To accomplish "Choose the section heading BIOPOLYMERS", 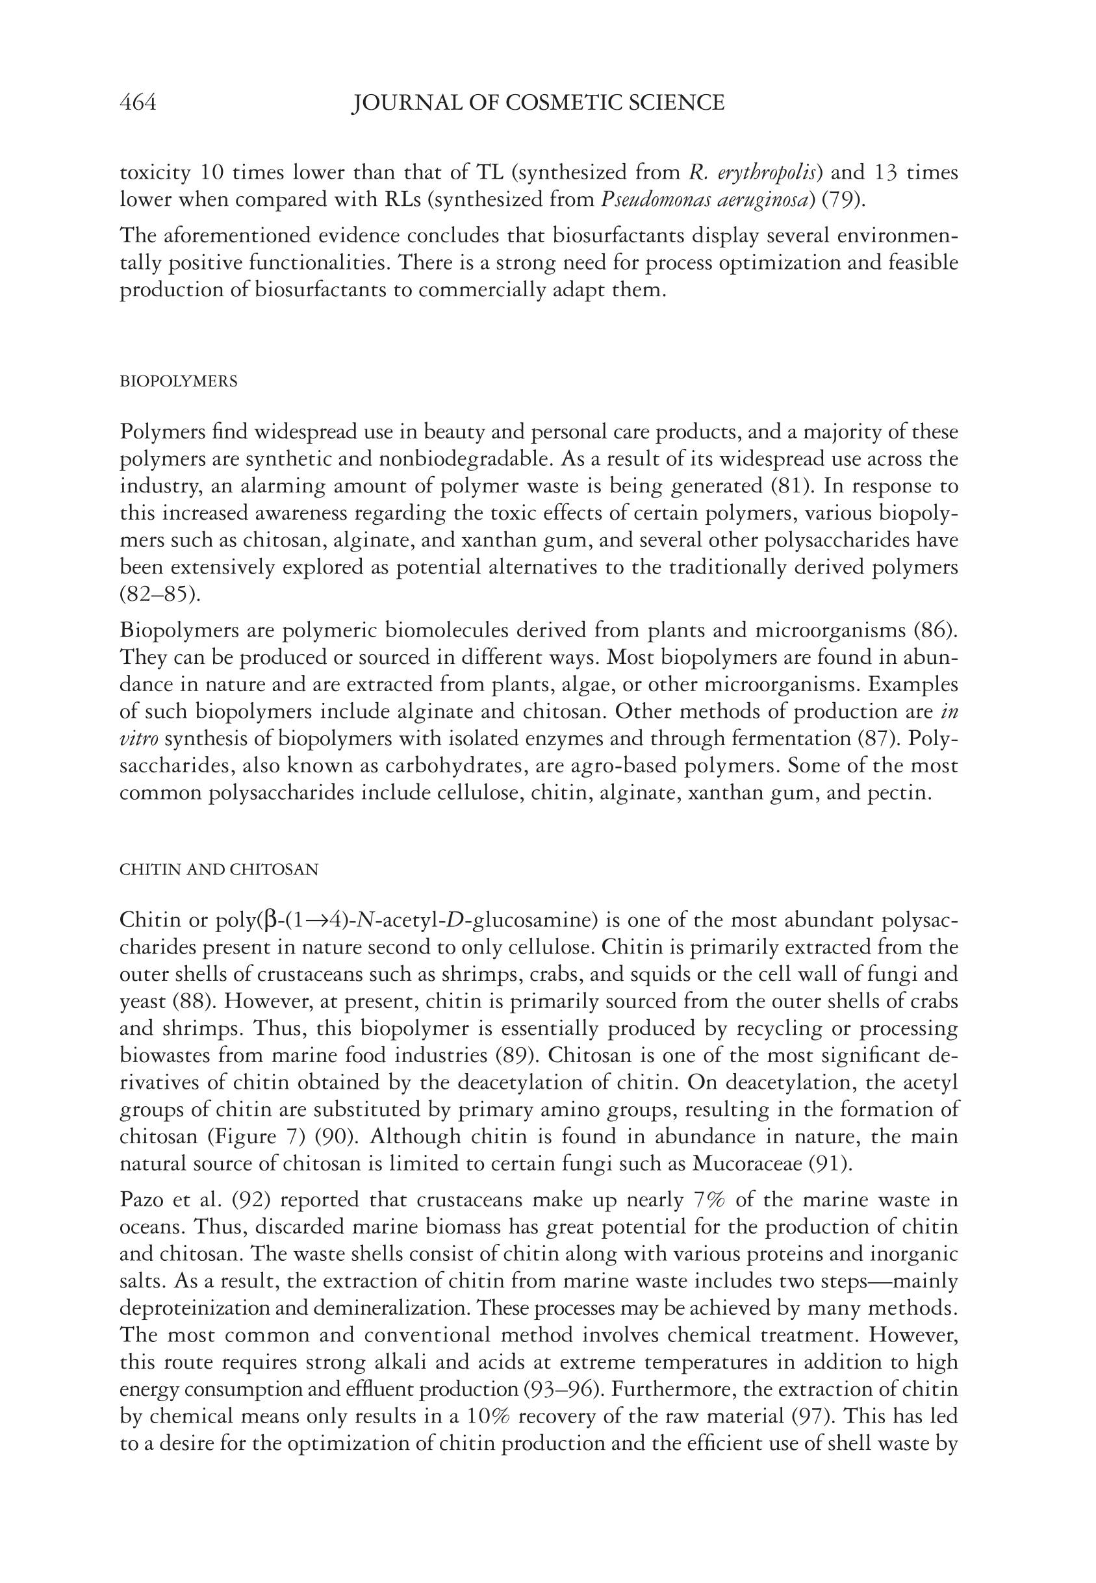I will [179, 382].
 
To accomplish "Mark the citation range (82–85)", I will [160, 594].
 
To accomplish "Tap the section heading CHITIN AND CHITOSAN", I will [219, 870].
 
